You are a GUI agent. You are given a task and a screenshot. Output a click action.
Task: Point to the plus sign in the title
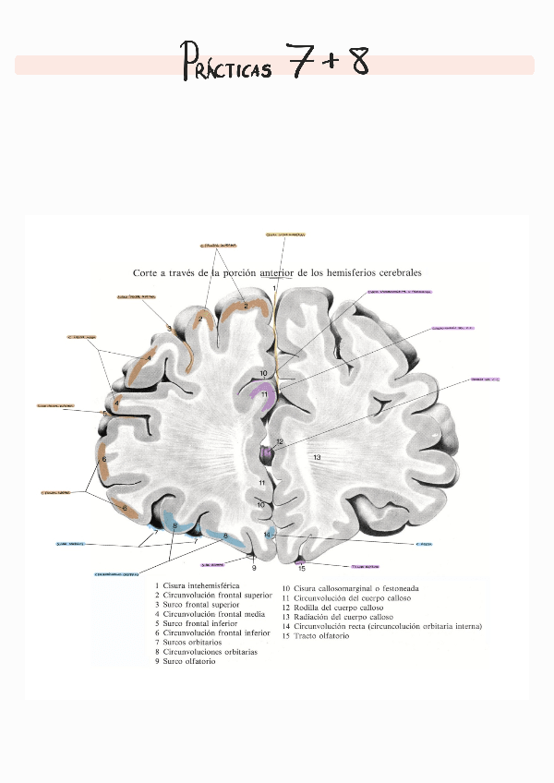330,62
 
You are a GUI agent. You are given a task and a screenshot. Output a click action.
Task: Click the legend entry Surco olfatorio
189,662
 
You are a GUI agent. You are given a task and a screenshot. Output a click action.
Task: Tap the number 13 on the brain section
317,458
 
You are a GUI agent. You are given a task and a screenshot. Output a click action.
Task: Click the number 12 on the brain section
280,442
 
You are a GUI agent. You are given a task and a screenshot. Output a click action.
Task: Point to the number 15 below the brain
301,568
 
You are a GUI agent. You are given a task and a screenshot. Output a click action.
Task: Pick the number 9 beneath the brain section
254,568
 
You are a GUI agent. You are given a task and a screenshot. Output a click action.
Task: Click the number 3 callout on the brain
169,328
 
